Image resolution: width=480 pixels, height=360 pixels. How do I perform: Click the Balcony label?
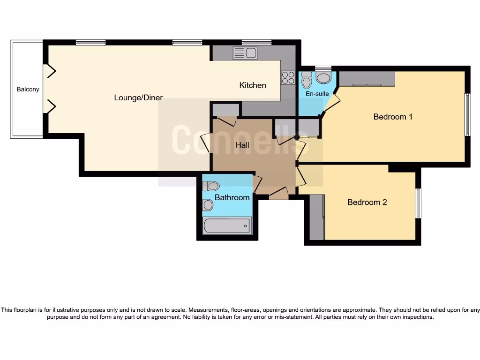coord(28,89)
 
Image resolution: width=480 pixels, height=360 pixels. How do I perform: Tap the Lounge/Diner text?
coord(138,97)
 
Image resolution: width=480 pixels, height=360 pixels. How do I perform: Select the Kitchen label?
coord(253,85)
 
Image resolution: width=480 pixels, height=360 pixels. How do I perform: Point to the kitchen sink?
coord(246,53)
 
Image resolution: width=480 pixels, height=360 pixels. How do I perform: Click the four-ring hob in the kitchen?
coord(288,77)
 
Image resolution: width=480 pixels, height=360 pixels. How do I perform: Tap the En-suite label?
coord(317,94)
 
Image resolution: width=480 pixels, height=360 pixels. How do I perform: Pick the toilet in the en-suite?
coord(307,81)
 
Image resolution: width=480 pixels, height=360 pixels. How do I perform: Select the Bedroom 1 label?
coord(393,116)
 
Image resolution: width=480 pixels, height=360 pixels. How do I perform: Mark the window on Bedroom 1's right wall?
coord(467,115)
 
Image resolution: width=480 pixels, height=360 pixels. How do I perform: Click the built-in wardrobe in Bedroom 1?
coord(367,79)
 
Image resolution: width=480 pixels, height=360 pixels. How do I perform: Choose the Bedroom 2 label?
coord(367,202)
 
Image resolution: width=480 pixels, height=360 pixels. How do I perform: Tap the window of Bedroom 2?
coord(418,203)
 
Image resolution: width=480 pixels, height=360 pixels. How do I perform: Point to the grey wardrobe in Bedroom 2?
coord(317,217)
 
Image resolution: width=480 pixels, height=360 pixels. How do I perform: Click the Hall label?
coord(242,145)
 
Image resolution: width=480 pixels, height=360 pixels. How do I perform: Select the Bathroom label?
coord(232,197)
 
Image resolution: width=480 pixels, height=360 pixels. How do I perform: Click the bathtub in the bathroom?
coord(227,226)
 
